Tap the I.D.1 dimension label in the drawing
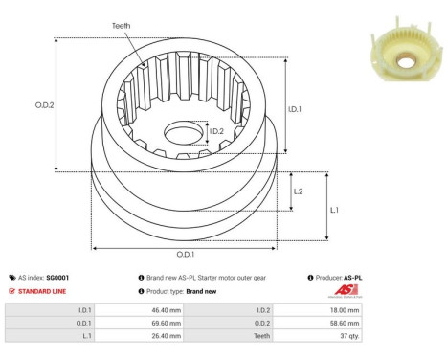pos(296,108)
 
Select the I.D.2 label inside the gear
pos(216,131)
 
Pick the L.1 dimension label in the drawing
pos(334,209)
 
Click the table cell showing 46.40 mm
pos(154,310)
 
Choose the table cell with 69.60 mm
pos(154,324)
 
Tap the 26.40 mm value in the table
pos(154,337)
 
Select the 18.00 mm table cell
pos(342,310)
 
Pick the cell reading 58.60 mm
pos(342,324)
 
